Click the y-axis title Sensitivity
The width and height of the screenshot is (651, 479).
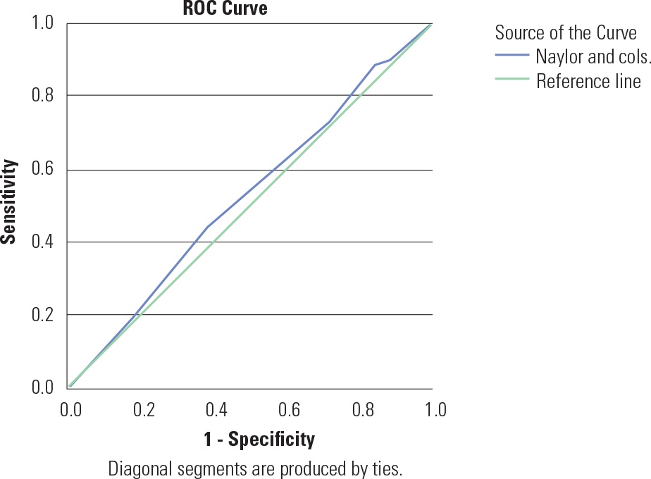click(9, 202)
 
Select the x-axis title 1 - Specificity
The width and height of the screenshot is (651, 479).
click(259, 440)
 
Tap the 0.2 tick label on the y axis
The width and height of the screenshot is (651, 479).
click(43, 315)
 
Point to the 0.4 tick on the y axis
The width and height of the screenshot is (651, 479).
click(43, 242)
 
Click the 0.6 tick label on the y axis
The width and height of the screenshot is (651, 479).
click(43, 170)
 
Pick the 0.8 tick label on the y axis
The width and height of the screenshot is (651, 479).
click(43, 95)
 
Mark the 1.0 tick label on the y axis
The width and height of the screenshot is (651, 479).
click(43, 23)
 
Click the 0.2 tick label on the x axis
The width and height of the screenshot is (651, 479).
click(144, 410)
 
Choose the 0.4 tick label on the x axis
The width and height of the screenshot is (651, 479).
click(216, 410)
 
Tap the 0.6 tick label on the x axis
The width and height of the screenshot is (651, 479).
click(290, 410)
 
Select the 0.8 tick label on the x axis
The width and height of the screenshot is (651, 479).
click(363, 410)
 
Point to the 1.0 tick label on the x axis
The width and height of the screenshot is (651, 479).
click(435, 410)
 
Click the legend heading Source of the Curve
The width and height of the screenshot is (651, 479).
click(566, 32)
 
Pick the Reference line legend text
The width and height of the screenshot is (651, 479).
click(588, 80)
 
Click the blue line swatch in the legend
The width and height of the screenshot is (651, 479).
click(512, 55)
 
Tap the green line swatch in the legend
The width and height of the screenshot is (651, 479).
click(512, 79)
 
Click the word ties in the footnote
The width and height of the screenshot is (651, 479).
click(387, 468)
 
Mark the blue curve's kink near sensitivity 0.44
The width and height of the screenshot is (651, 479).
click(207, 227)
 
